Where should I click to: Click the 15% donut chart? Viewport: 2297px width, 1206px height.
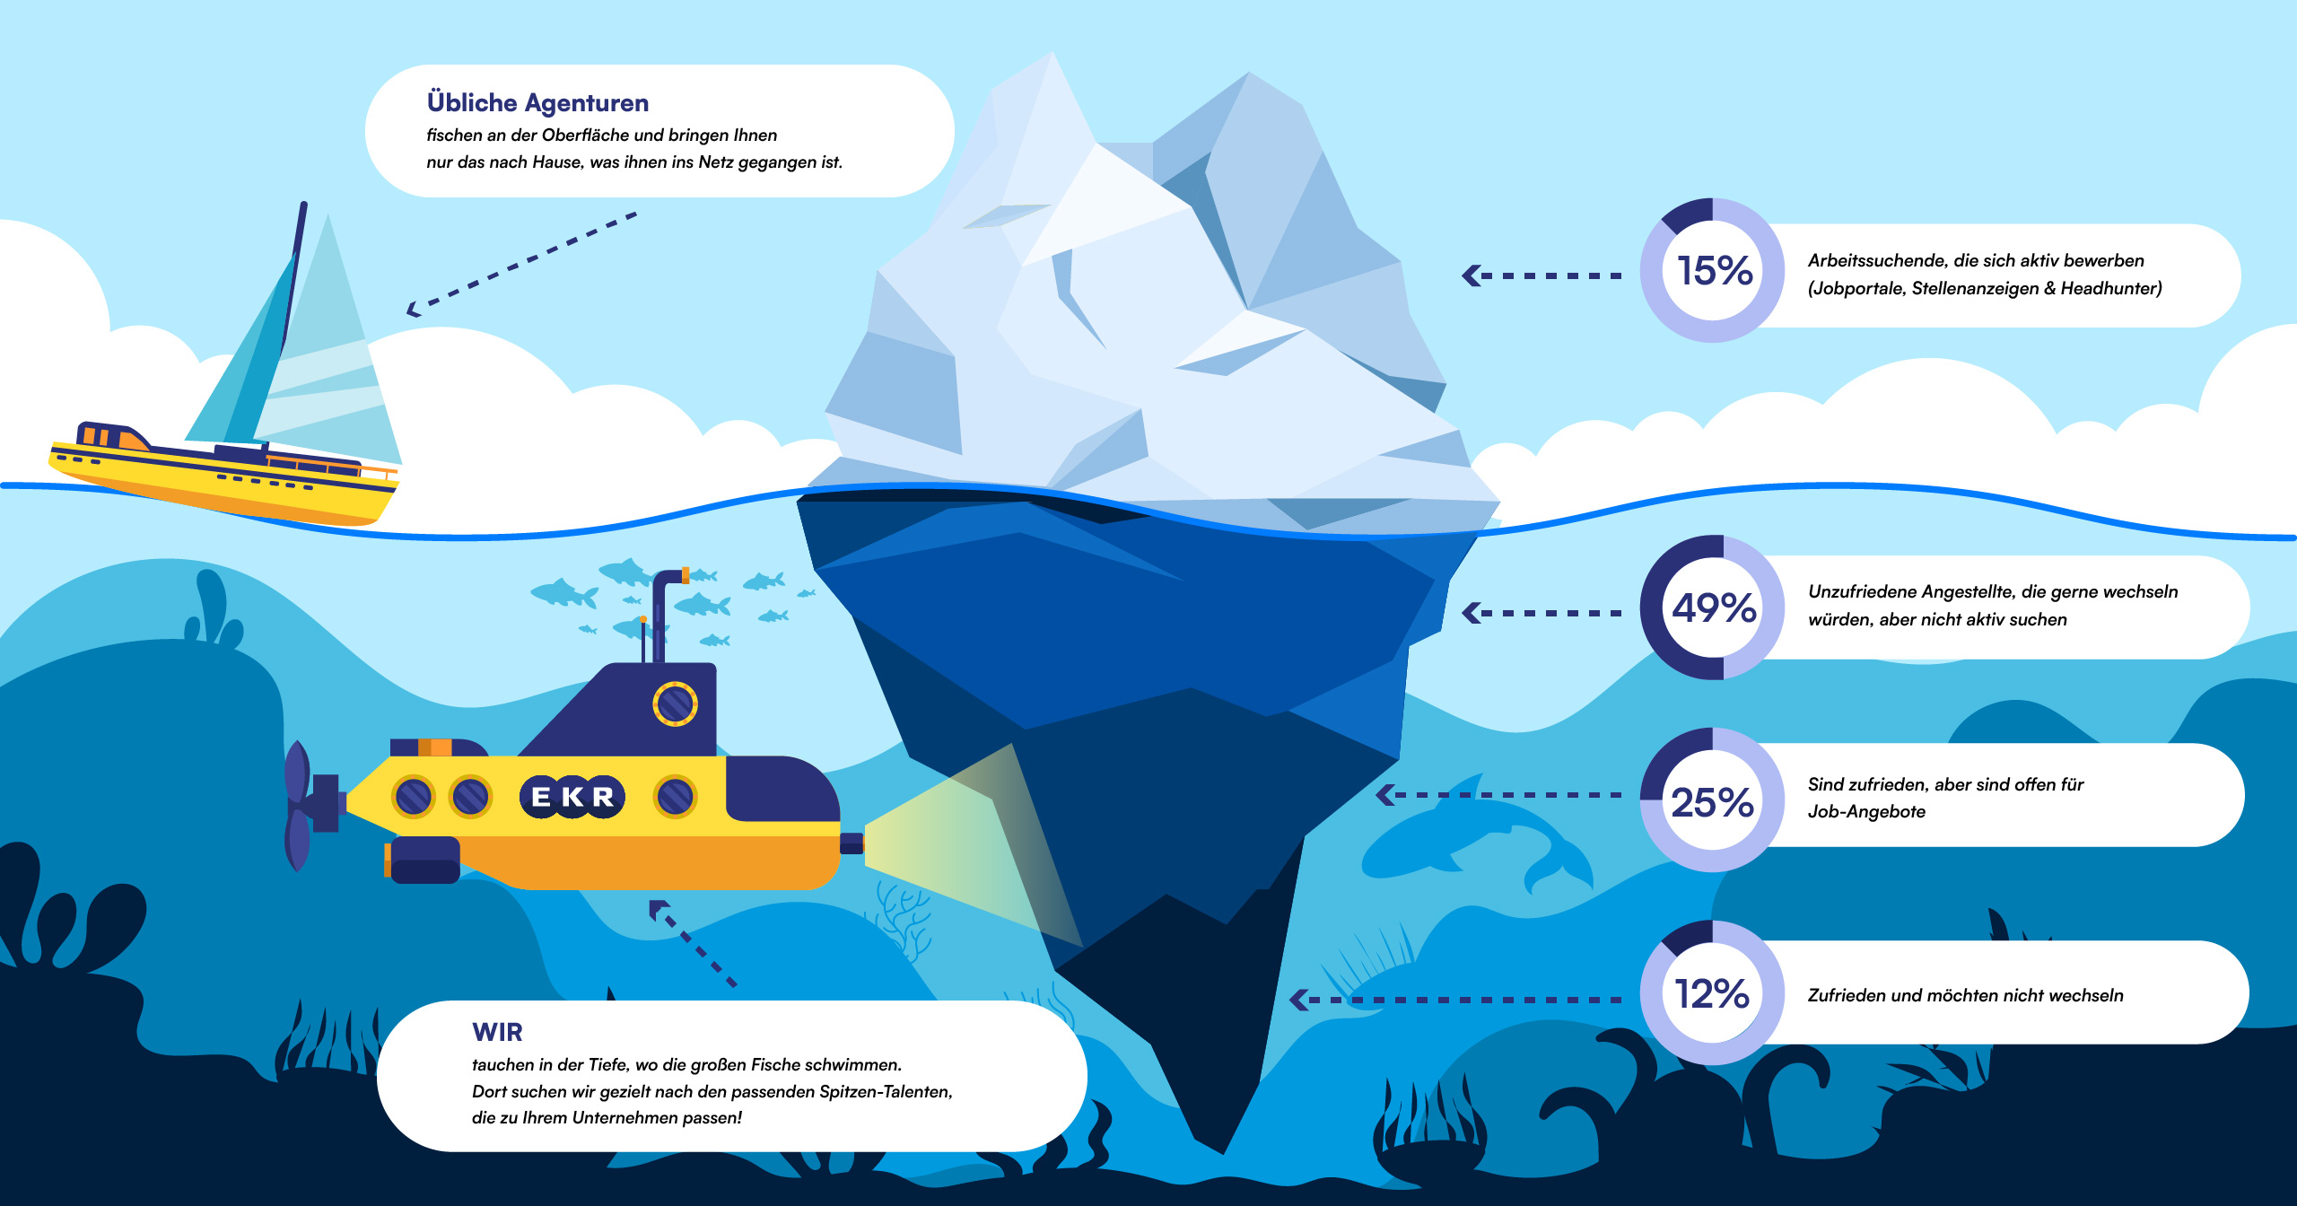[1712, 270]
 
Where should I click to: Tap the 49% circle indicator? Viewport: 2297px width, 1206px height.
[1712, 607]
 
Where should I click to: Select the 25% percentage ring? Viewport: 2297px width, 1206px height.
[1712, 800]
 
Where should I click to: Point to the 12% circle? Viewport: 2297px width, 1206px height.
[1712, 993]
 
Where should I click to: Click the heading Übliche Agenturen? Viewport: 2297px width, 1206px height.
[537, 102]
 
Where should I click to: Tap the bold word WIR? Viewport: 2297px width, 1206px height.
[497, 1032]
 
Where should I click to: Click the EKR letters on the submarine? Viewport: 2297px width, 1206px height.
[572, 796]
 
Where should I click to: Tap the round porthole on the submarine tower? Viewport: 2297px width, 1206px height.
[675, 703]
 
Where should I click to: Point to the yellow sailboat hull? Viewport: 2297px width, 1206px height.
[224, 485]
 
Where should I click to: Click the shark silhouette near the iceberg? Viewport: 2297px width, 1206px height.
[1472, 835]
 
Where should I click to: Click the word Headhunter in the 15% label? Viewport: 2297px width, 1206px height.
[2109, 288]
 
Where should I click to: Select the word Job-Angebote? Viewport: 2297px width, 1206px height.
[1866, 811]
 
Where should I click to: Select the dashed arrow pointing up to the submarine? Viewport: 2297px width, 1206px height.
[691, 942]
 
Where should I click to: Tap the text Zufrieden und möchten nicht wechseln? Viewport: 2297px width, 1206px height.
[1965, 995]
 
